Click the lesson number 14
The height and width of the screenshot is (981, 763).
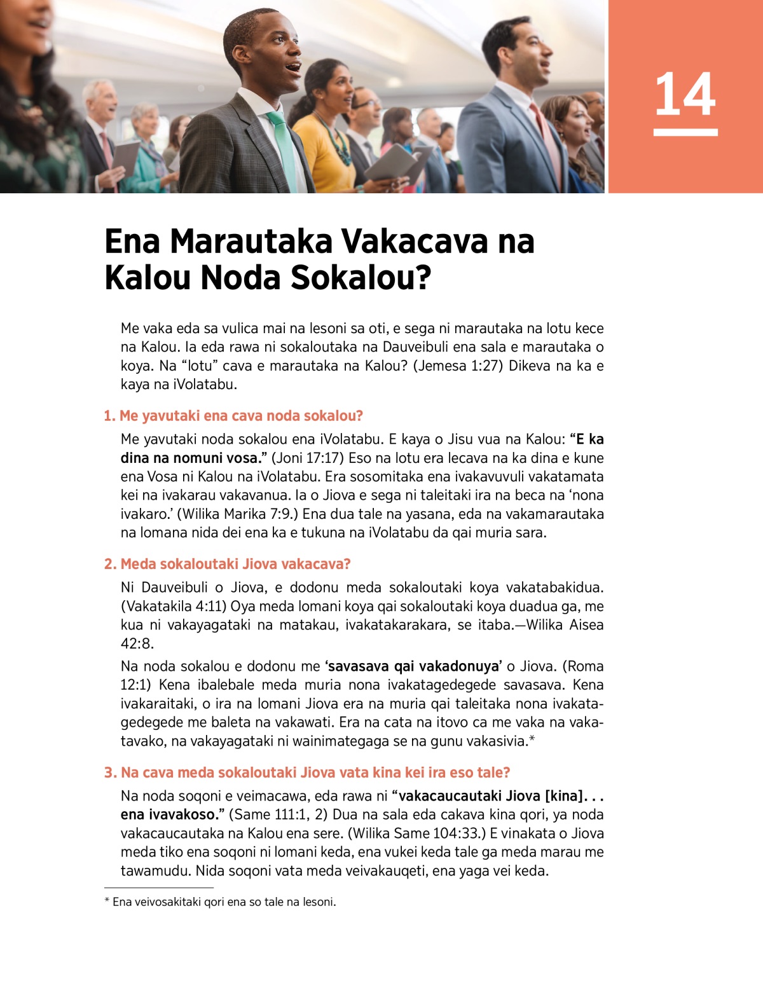(x=685, y=94)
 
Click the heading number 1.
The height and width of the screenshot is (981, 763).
(x=109, y=416)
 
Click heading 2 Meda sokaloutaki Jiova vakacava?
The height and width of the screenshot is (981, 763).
(x=227, y=564)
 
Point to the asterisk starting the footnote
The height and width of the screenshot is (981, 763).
(x=107, y=901)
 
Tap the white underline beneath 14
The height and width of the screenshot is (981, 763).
(x=685, y=132)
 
